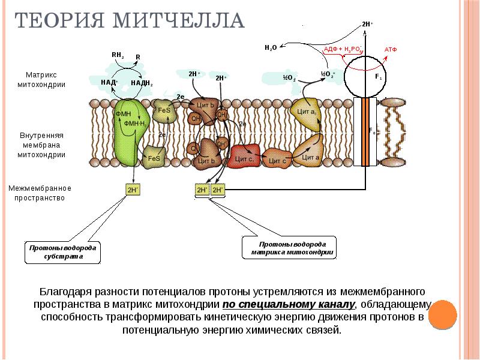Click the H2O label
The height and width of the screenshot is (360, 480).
tap(270, 47)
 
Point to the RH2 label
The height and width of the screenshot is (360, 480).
tap(118, 55)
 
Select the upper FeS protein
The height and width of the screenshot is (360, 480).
tap(164, 112)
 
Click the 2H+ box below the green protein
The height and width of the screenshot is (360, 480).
tap(133, 190)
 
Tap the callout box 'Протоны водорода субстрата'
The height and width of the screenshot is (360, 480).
tap(62, 252)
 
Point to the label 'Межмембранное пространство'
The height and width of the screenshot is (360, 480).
tap(40, 193)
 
